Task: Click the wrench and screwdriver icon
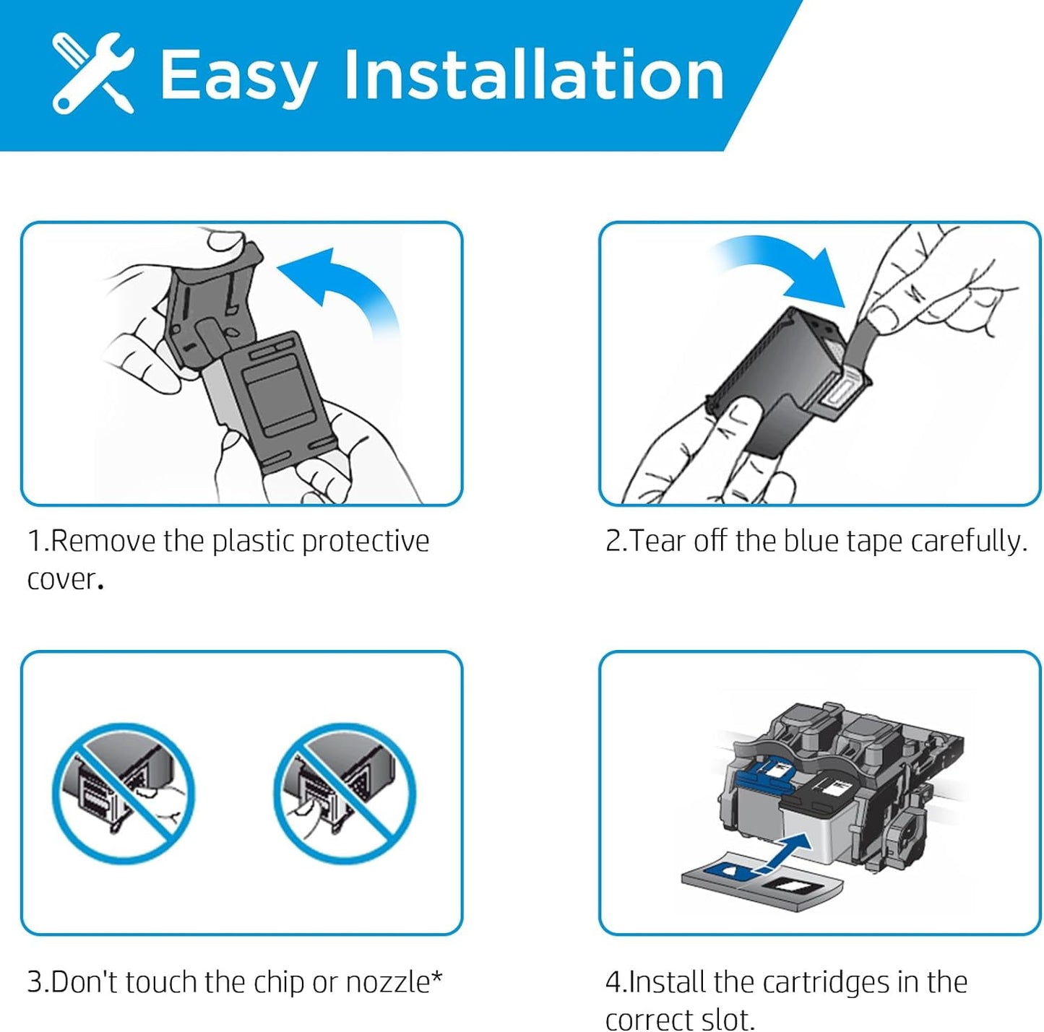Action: [x=93, y=73]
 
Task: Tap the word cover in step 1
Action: [x=61, y=580]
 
